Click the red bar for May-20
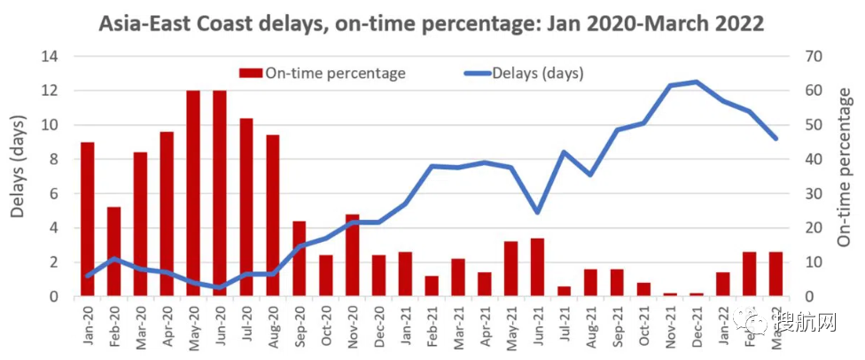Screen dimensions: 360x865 click(x=193, y=193)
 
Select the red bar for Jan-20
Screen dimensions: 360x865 click(x=87, y=219)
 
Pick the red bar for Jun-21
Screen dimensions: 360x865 click(x=537, y=267)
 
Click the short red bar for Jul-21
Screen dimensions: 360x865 click(x=564, y=292)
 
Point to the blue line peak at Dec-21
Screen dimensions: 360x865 click(x=696, y=82)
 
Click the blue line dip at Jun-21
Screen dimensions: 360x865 click(x=537, y=212)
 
